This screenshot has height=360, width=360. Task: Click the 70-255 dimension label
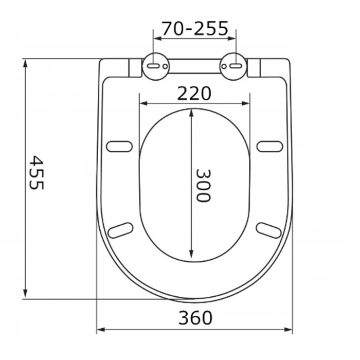tap(195, 29)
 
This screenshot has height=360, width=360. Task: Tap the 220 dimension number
tap(194, 94)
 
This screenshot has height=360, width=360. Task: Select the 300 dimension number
tap(203, 186)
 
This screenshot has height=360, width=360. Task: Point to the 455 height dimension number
tap(37, 172)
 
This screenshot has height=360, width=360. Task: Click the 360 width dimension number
tap(195, 317)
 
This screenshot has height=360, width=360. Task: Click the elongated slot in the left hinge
tap(153, 66)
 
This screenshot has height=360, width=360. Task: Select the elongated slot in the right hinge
tap(236, 66)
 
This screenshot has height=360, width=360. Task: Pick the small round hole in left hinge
tap(165, 66)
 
